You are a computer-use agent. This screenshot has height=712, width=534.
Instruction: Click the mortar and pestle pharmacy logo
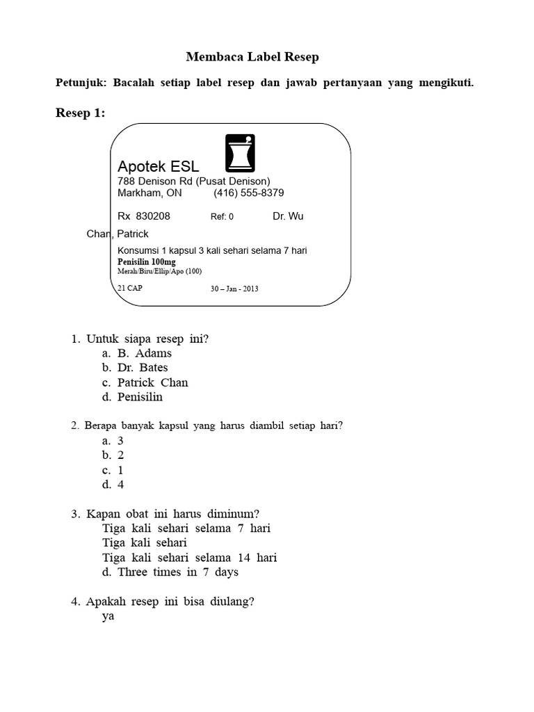[x=240, y=152]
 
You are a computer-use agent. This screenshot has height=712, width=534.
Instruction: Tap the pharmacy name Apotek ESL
[x=159, y=167]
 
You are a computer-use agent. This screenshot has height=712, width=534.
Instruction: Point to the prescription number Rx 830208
[x=144, y=216]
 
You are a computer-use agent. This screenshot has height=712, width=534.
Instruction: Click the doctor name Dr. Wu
[x=288, y=216]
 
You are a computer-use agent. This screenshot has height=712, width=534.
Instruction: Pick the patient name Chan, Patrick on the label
[x=118, y=234]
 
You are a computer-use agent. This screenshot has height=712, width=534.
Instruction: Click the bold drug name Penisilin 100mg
[x=147, y=261]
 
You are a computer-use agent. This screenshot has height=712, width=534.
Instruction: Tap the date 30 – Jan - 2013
[x=234, y=289]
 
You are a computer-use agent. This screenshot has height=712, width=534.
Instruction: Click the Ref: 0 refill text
[x=222, y=217]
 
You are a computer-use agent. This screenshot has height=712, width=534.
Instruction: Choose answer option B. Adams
[x=144, y=353]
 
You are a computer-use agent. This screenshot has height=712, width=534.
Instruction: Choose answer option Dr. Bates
[x=142, y=368]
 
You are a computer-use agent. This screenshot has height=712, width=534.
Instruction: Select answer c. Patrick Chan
[x=152, y=382]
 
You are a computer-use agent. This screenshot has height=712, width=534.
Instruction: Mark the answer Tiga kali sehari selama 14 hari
[x=189, y=558]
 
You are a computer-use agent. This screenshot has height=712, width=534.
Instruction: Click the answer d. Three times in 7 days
[x=177, y=572]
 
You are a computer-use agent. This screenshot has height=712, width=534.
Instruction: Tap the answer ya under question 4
[x=108, y=616]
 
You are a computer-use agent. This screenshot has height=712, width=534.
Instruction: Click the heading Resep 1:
[x=80, y=113]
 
